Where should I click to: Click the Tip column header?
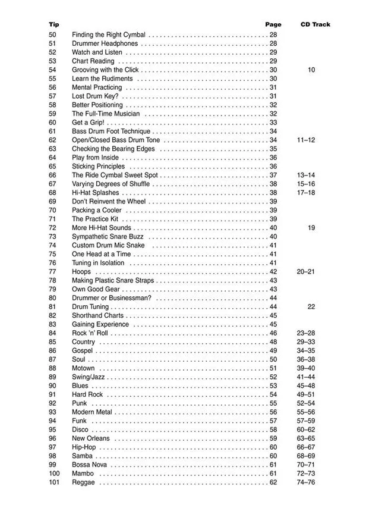coord(54,24)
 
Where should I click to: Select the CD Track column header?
coord(315,24)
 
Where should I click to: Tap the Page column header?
coord(273,24)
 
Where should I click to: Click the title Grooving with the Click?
coord(105,70)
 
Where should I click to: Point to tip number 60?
coord(52,123)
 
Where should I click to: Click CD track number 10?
coord(311,70)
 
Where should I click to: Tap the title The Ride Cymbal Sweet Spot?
coord(115,175)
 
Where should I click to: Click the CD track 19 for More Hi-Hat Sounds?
coord(311,228)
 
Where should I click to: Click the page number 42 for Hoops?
coord(273,272)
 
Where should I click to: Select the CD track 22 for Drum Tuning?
coord(311,307)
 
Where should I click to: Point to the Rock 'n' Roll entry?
coord(90,333)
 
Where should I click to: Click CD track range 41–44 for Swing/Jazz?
coord(306,377)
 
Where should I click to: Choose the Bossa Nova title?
coord(90,465)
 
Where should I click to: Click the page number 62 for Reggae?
coord(273,482)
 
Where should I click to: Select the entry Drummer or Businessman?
coord(112,298)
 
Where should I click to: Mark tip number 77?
coord(52,272)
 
